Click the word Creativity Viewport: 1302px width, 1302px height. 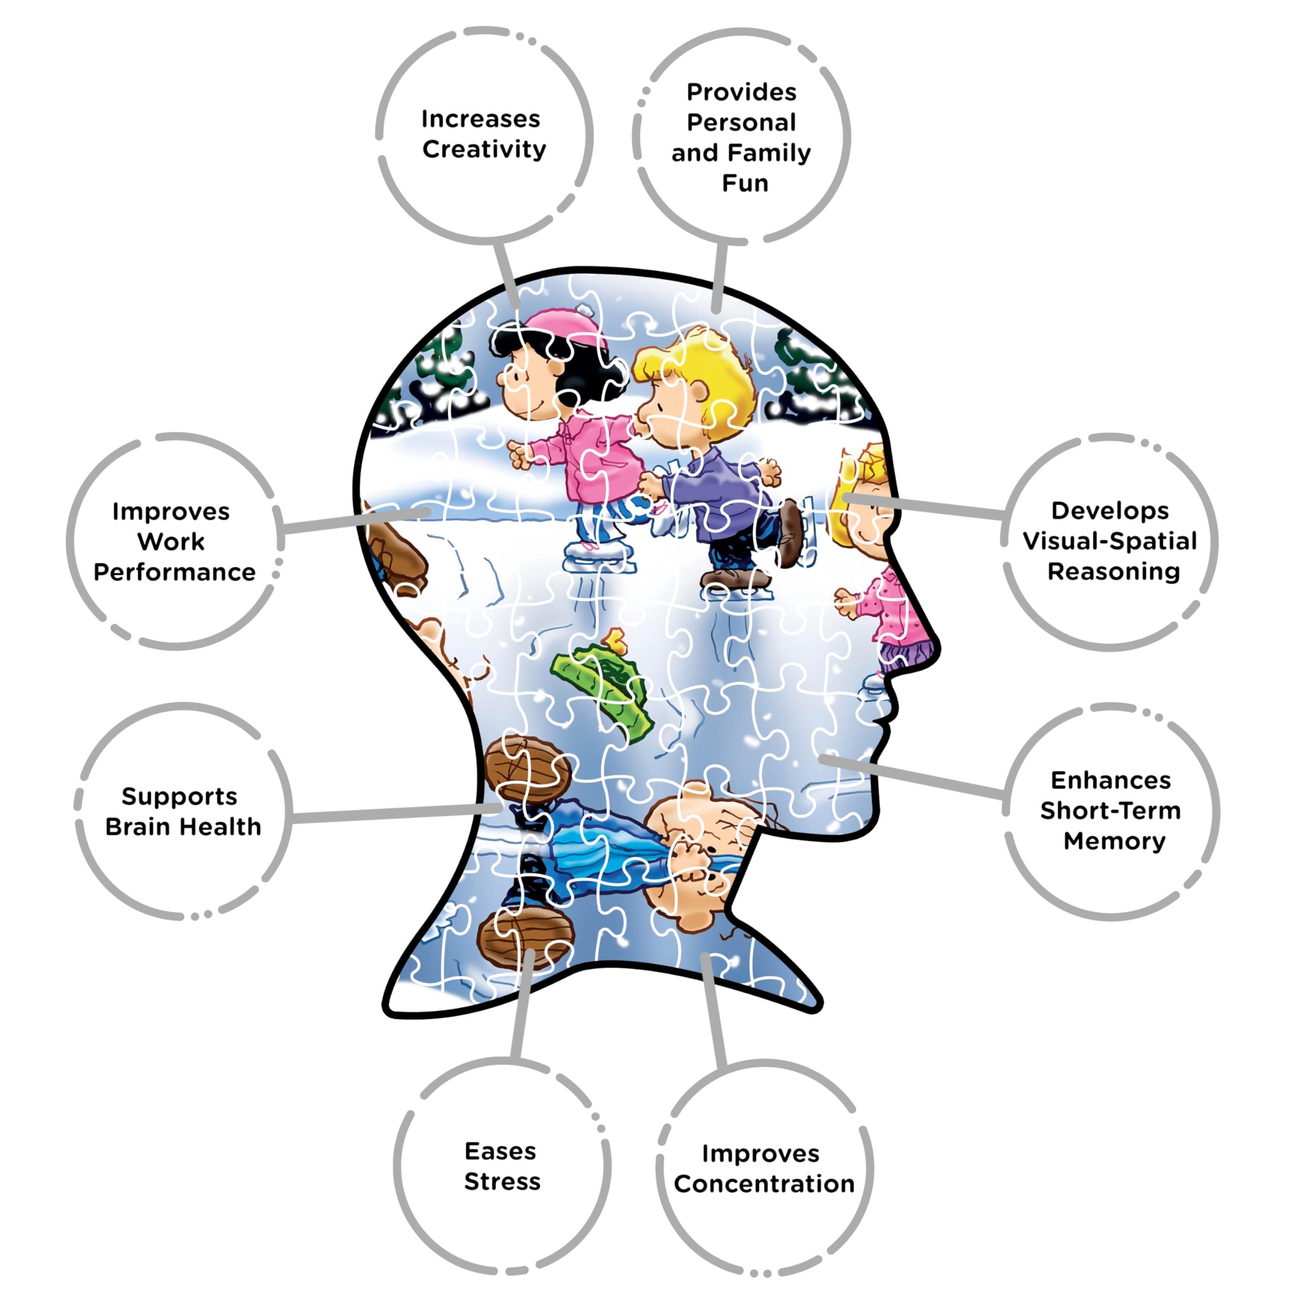point(484,150)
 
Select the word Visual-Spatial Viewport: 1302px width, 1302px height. point(1109,541)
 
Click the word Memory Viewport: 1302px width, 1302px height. point(1114,841)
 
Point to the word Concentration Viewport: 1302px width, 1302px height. point(763,1184)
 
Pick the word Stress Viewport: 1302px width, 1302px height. point(502,1181)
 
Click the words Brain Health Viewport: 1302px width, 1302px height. point(183,826)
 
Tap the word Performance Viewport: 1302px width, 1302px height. point(174,572)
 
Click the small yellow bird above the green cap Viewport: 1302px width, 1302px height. point(616,640)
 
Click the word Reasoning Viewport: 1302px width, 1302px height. point(1113,572)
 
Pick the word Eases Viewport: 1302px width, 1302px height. point(500,1151)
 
